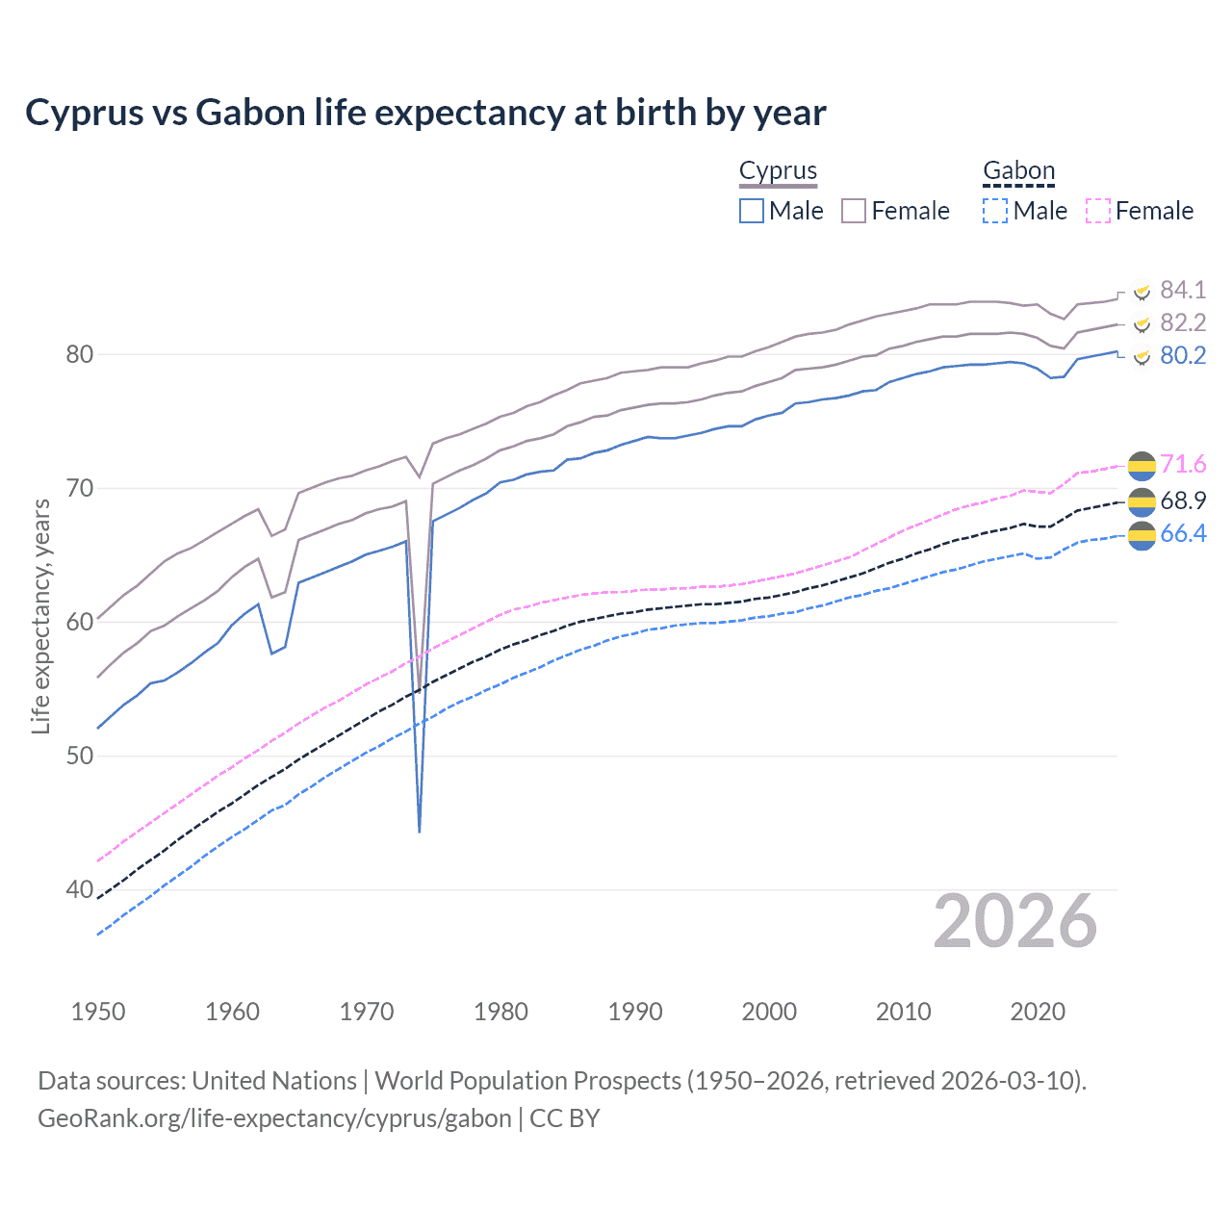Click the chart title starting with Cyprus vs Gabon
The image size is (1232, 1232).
click(x=425, y=113)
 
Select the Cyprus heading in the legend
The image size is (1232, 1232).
click(x=778, y=170)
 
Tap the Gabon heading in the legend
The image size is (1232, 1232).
click(x=1018, y=170)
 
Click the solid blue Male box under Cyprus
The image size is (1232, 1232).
click(x=752, y=211)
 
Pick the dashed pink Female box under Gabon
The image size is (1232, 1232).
click(x=1098, y=211)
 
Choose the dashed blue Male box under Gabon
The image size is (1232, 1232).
click(x=995, y=211)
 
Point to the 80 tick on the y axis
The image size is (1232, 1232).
click(x=80, y=354)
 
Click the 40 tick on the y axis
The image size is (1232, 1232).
click(x=80, y=889)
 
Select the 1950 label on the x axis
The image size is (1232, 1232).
click(x=98, y=1012)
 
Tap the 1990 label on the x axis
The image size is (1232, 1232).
click(x=635, y=1012)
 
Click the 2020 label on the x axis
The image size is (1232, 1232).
click(x=1038, y=1012)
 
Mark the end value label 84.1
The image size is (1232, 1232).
click(x=1183, y=290)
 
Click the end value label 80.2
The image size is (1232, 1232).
click(x=1183, y=355)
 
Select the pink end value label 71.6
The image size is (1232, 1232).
click(x=1183, y=465)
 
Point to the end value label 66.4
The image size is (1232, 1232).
click(x=1183, y=533)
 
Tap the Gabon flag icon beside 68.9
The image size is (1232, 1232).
click(x=1142, y=500)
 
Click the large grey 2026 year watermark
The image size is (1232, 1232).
click(x=1015, y=922)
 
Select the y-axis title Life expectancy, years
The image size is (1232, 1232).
click(x=40, y=616)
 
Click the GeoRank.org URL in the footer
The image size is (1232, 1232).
click(x=274, y=1118)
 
